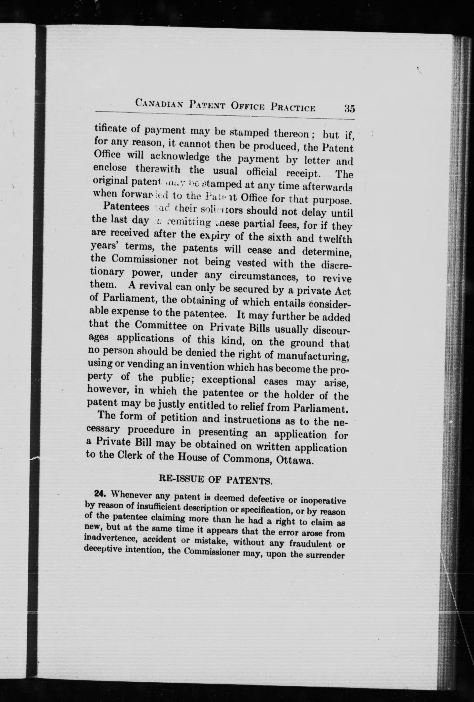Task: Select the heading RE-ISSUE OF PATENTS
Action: tap(215, 480)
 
